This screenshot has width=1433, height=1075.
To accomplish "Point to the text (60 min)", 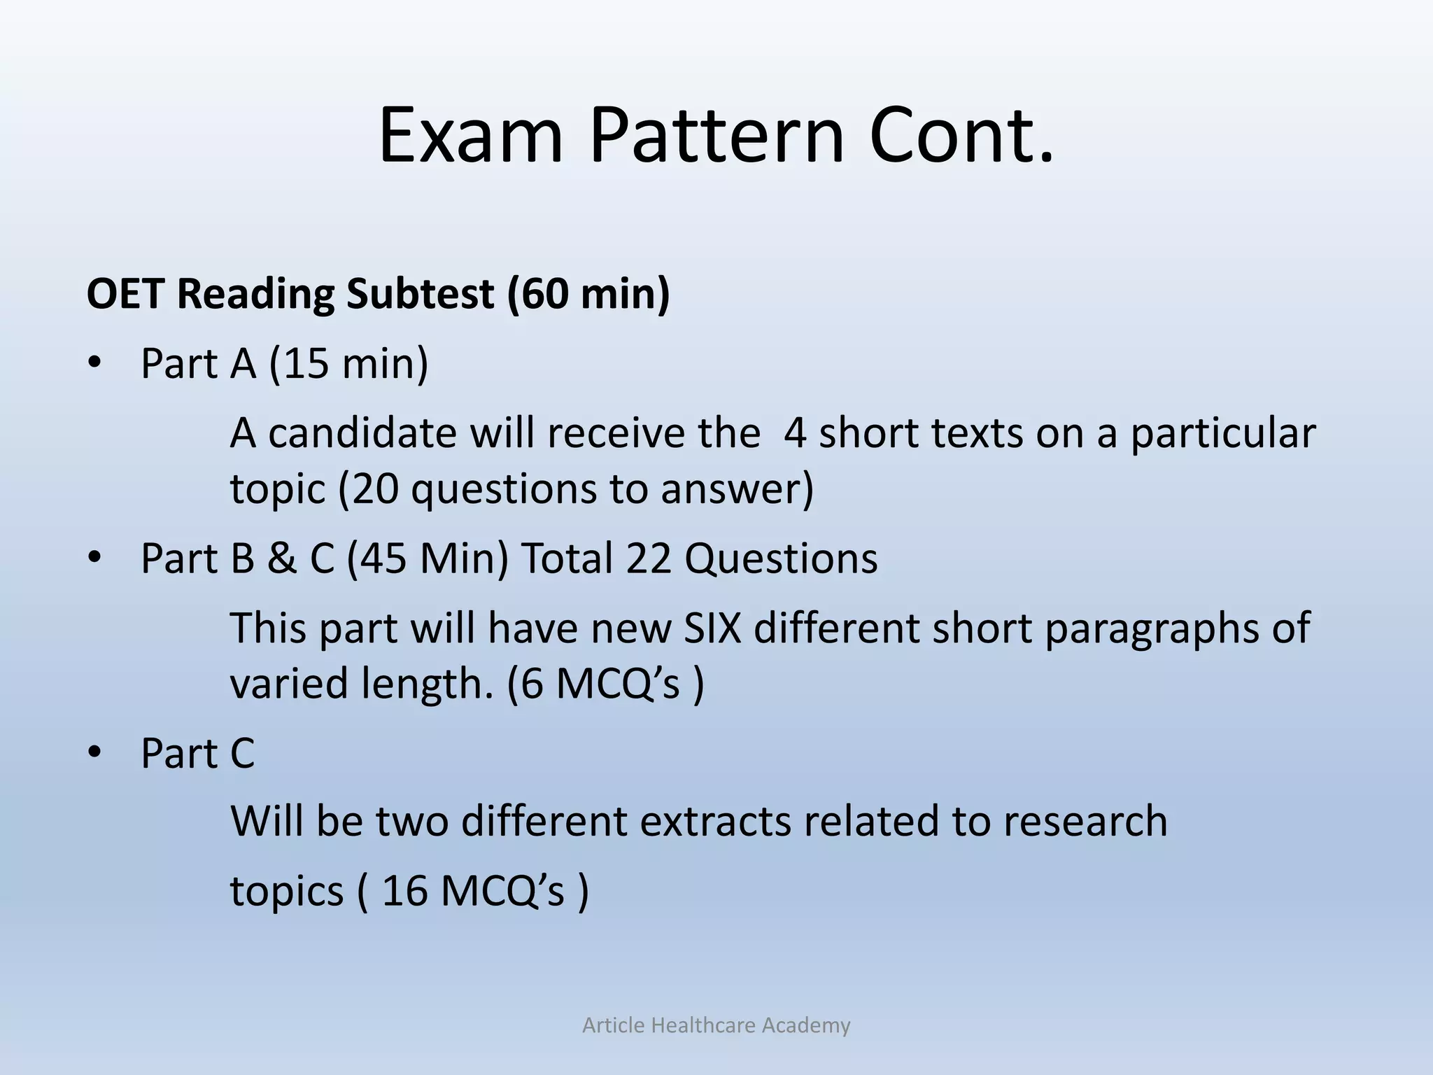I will [588, 294].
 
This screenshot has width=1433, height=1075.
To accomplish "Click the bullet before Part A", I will [94, 364].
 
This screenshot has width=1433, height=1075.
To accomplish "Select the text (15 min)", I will [348, 364].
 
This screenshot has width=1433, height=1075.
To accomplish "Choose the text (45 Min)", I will [428, 559].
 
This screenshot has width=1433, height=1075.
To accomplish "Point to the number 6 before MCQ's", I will [532, 684].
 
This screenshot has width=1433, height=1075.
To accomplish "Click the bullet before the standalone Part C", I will [94, 754].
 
